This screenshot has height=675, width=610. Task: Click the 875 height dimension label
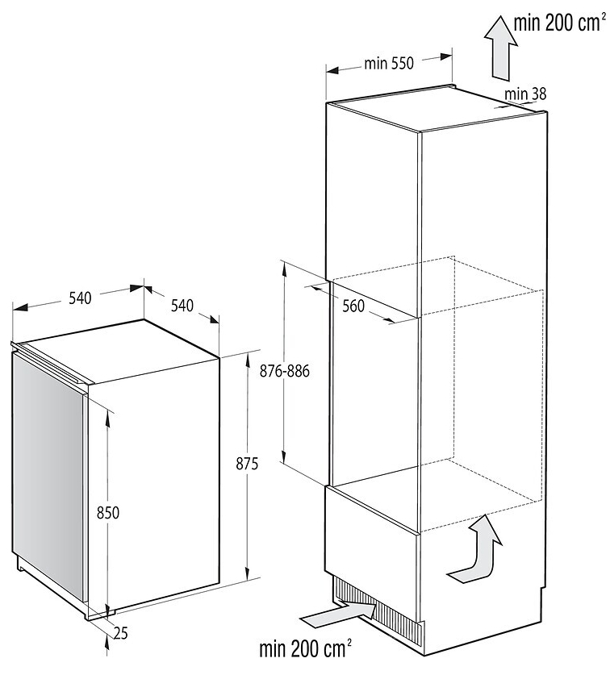(247, 464)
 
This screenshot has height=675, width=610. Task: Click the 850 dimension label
(107, 513)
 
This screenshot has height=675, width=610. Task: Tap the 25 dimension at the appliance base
(121, 633)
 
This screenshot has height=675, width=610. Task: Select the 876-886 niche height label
(284, 371)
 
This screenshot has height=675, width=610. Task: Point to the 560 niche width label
(353, 306)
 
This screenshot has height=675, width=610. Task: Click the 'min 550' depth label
(389, 64)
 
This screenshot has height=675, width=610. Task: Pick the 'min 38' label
(525, 94)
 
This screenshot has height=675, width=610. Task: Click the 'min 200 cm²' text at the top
(557, 23)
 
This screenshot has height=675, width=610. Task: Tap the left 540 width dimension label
(81, 298)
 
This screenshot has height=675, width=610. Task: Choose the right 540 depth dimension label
(182, 306)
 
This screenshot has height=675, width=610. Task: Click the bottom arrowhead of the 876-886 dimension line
(284, 456)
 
